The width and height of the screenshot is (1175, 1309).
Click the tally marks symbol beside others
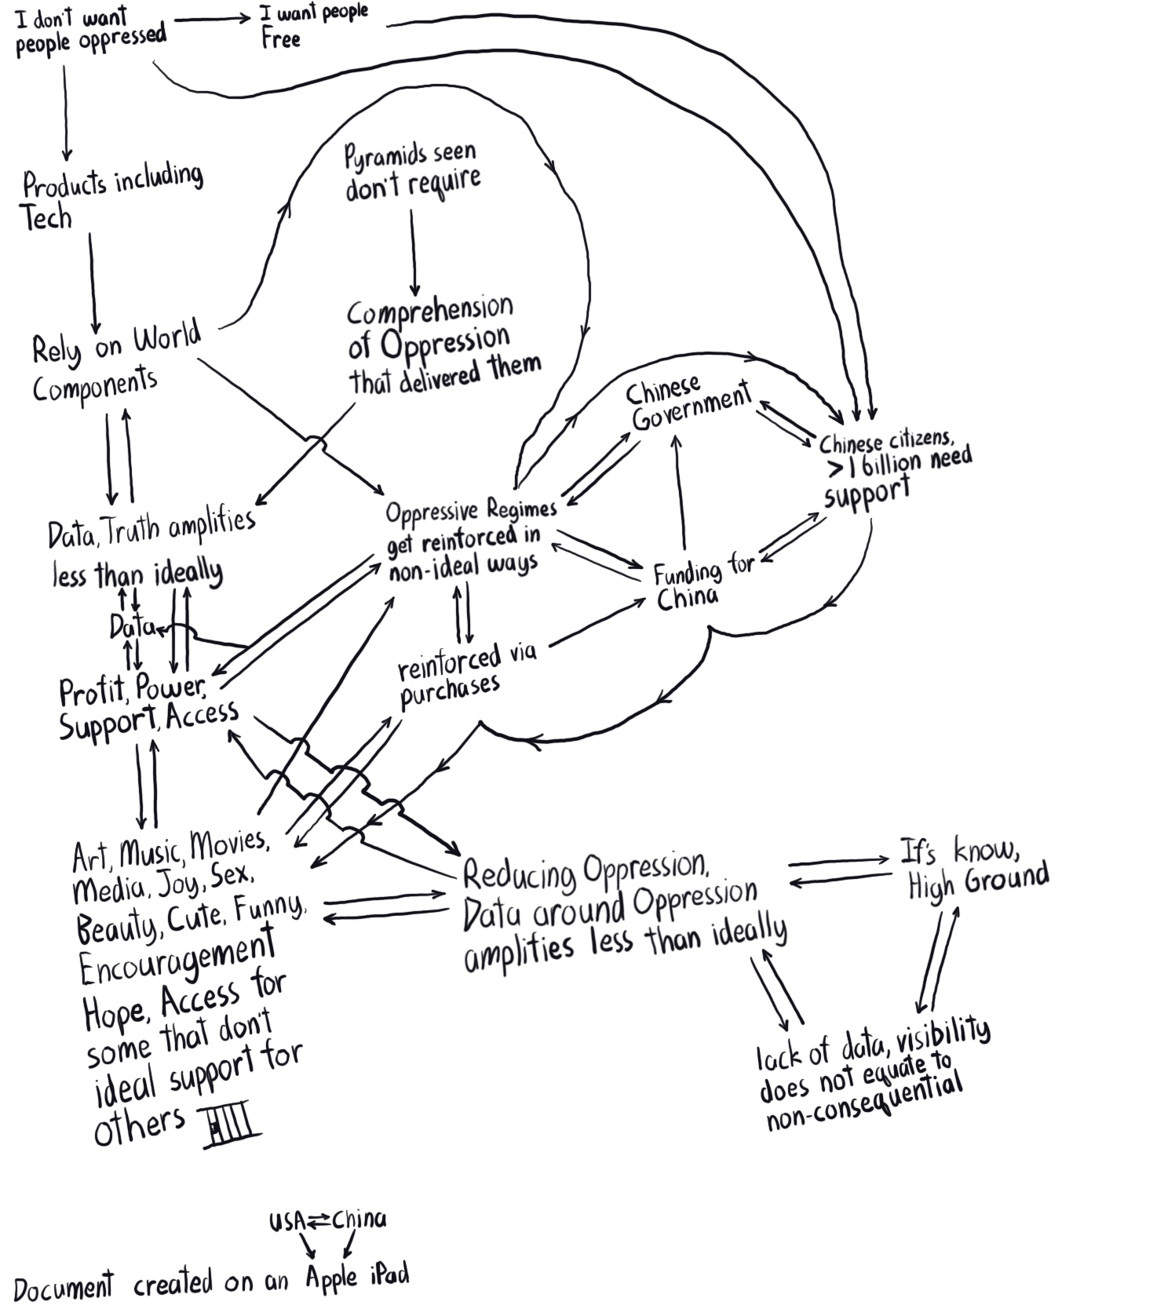[232, 1127]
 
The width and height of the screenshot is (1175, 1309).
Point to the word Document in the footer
[63, 1287]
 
